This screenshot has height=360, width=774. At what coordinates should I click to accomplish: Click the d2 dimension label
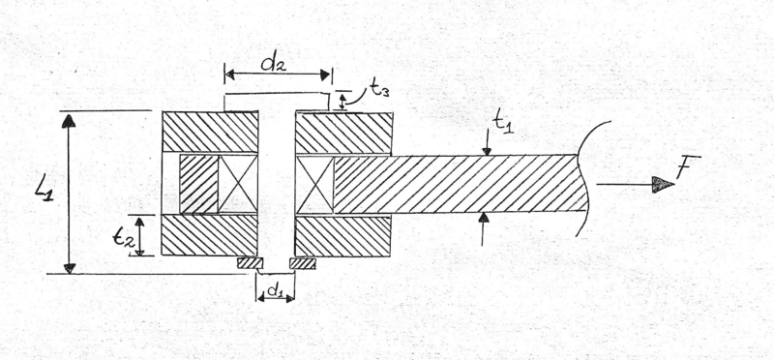(x=273, y=64)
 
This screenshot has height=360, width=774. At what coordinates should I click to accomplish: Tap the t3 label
(x=378, y=90)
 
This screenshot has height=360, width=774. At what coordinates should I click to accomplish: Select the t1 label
(x=503, y=122)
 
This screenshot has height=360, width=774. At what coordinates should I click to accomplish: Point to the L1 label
(x=45, y=189)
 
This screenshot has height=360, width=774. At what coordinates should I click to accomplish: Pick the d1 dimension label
(x=274, y=291)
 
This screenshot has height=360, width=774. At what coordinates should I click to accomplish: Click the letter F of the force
(x=688, y=166)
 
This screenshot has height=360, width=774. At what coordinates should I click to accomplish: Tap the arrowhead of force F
(x=663, y=185)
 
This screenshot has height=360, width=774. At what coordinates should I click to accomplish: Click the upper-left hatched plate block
(x=210, y=132)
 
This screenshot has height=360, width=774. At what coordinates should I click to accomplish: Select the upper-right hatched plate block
(x=343, y=133)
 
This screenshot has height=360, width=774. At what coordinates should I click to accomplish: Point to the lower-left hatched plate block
(x=210, y=234)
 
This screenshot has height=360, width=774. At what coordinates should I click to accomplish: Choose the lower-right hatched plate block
(x=342, y=235)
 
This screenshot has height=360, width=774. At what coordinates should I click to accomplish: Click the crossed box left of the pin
(x=237, y=184)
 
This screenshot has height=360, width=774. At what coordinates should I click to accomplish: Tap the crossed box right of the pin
(x=314, y=185)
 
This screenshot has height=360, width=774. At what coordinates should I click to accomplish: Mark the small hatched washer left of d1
(x=250, y=263)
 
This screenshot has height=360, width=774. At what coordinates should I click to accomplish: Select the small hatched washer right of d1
(x=303, y=263)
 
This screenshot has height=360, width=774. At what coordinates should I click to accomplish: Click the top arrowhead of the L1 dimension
(x=69, y=121)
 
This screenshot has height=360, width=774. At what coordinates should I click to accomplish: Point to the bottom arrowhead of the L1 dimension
(x=70, y=268)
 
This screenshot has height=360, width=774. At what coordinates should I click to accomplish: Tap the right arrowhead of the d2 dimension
(x=325, y=75)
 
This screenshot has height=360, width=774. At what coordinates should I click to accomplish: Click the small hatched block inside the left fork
(x=198, y=184)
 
